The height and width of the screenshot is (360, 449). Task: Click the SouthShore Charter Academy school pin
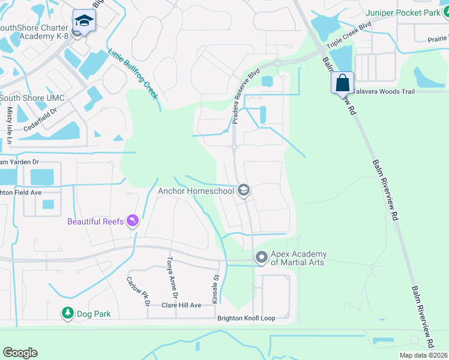tap(84, 22)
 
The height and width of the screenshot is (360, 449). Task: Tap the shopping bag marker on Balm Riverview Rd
tap(342, 83)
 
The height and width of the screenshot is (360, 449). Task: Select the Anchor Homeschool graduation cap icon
tap(244, 191)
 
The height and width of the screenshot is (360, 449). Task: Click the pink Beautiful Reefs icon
tap(133, 221)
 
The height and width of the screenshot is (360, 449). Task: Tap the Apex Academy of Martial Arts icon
tap(261, 257)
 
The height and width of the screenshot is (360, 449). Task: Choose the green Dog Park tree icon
tap(68, 313)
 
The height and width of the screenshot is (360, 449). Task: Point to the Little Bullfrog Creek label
tap(133, 74)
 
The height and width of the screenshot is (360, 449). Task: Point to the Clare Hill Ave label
tap(181, 305)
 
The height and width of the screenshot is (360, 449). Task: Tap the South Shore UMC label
tap(32, 98)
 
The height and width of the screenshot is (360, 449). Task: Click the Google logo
tap(20, 353)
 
